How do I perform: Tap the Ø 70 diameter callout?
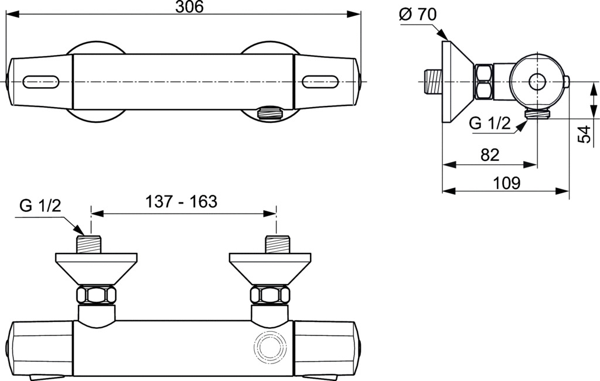coord(417,15)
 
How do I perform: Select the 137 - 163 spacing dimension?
coord(181,201)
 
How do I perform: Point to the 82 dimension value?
coord(490,155)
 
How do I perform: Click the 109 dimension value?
coord(506,183)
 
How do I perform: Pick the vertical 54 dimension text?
coord(584,134)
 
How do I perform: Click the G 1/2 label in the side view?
coord(490,123)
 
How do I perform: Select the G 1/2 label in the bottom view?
coord(40,206)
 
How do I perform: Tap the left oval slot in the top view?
coord(42,81)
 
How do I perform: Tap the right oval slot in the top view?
coord(321,81)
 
